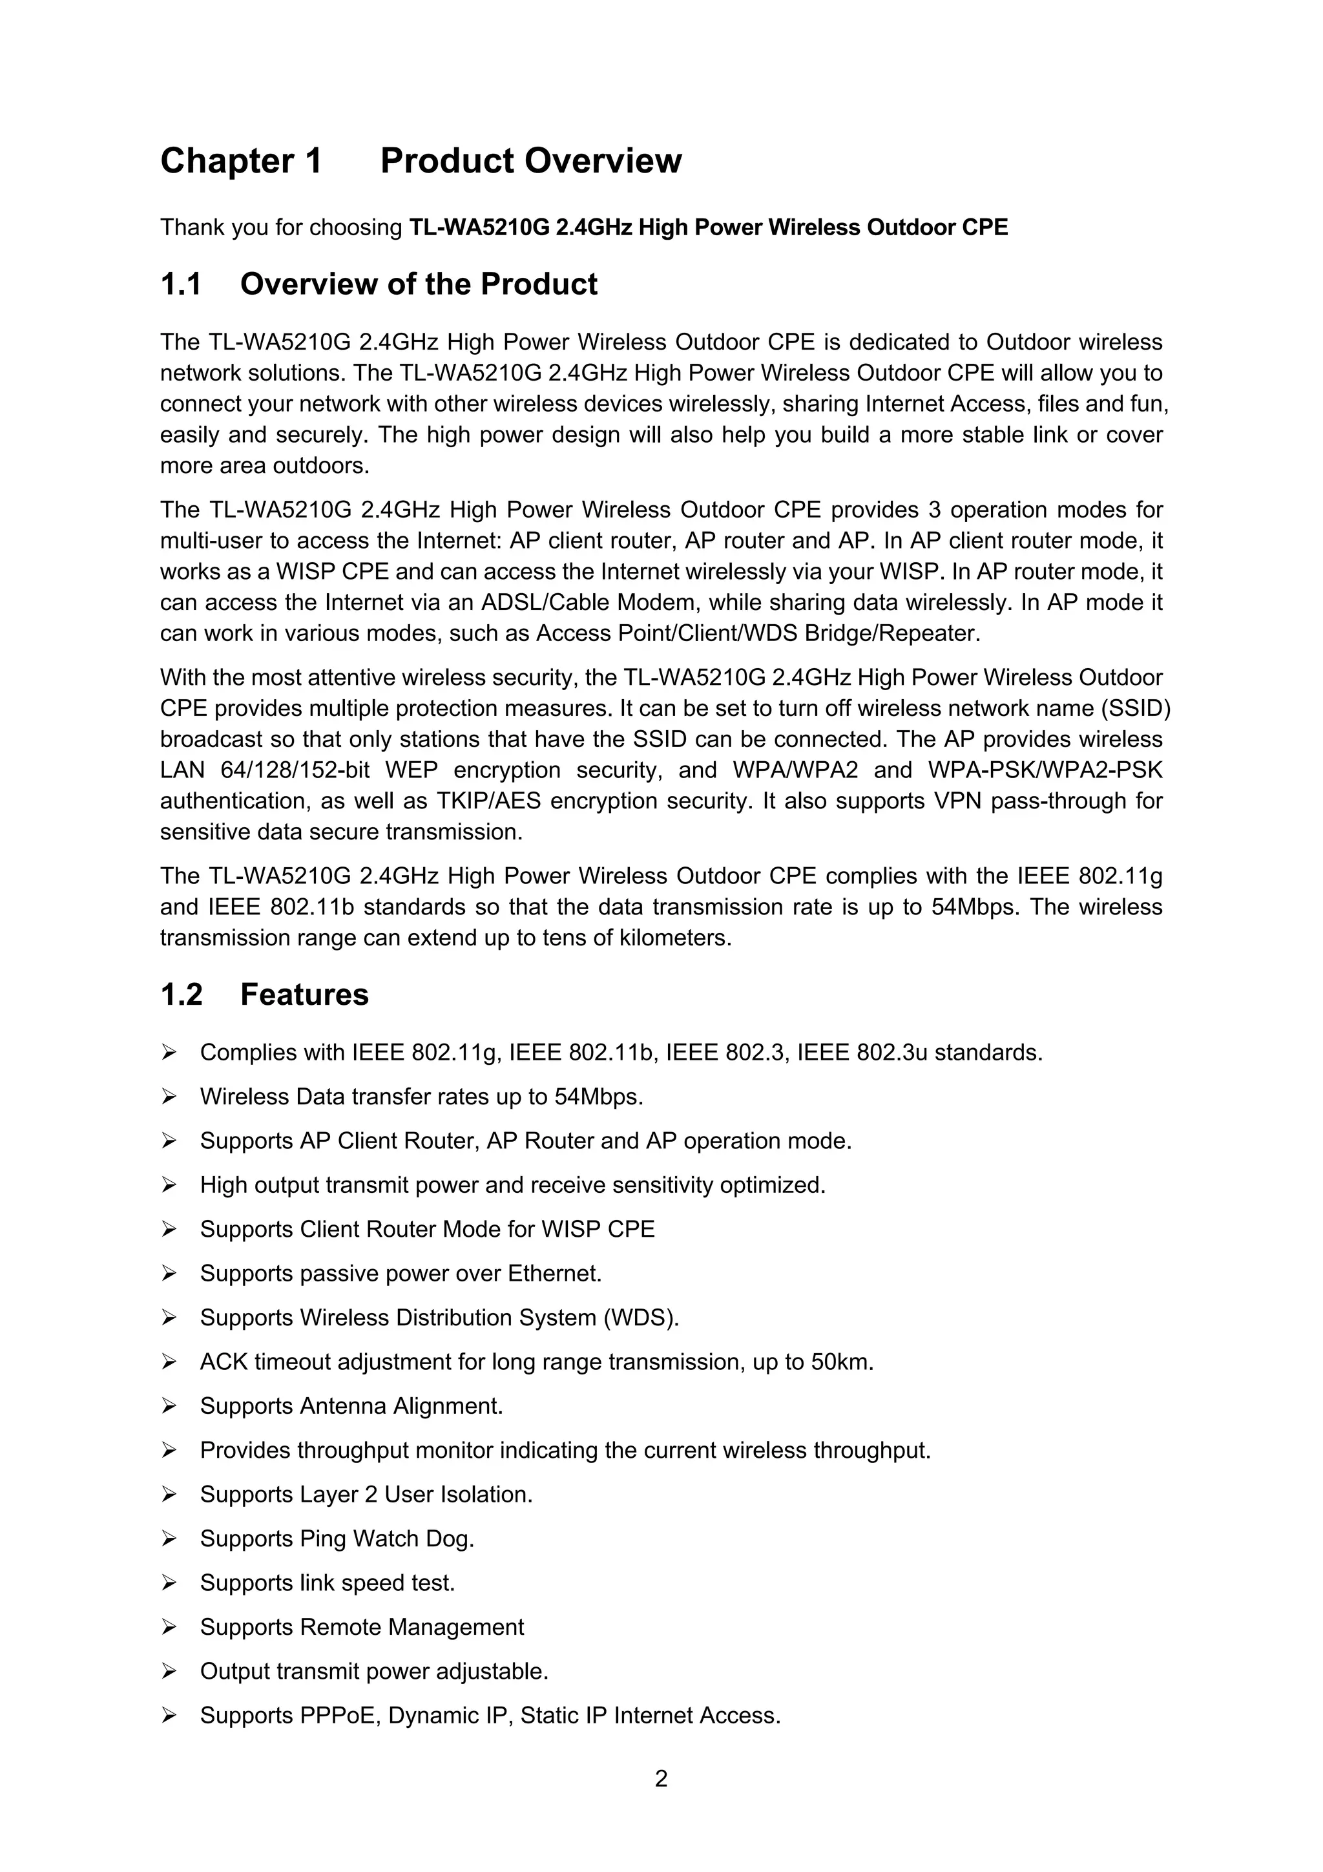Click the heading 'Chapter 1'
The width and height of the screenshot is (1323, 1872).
tap(242, 162)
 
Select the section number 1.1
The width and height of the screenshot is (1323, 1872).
tap(181, 284)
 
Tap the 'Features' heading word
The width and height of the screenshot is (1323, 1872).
tap(304, 994)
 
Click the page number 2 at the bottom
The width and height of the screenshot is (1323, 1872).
tap(661, 1778)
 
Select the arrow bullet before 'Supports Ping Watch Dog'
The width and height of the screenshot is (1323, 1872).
tap(169, 1539)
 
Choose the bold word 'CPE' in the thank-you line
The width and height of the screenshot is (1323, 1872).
tap(984, 227)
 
